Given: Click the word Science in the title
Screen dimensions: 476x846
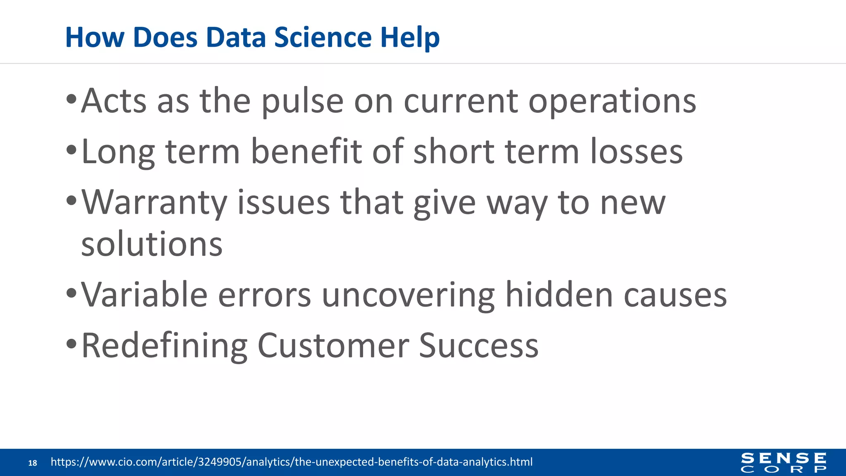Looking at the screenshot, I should click(323, 38).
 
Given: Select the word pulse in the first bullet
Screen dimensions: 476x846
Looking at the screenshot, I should click(302, 102).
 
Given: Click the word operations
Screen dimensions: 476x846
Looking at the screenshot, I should click(612, 102).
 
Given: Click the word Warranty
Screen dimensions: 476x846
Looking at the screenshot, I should click(154, 203).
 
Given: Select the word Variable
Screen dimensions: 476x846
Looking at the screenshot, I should click(144, 295).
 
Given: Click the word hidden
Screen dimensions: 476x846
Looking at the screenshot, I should click(559, 295).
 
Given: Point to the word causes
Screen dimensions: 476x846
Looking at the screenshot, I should click(675, 295).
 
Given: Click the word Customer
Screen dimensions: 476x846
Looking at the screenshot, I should click(333, 346).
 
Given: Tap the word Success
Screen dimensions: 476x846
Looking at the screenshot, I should click(478, 346).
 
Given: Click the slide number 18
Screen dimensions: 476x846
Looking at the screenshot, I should click(33, 463).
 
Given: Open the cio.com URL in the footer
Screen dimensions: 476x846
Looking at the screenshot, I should click(291, 462).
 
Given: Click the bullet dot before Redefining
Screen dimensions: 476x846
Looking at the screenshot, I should click(71, 344).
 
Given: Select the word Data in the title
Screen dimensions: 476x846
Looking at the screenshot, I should click(235, 38).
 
